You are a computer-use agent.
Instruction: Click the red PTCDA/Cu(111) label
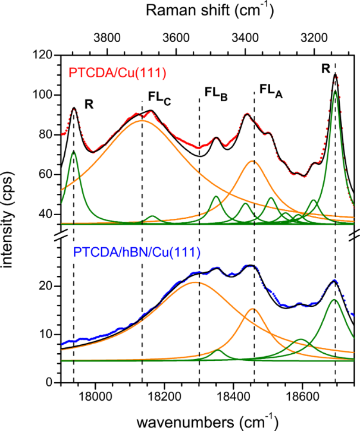pyautogui.click(x=117, y=73)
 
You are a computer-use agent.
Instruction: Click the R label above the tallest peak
pyautogui.click(x=325, y=69)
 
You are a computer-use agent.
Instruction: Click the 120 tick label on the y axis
pyautogui.click(x=43, y=55)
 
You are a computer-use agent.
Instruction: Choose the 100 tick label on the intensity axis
pyautogui.click(x=43, y=95)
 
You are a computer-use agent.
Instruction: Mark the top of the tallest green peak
pyautogui.click(x=336, y=92)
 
